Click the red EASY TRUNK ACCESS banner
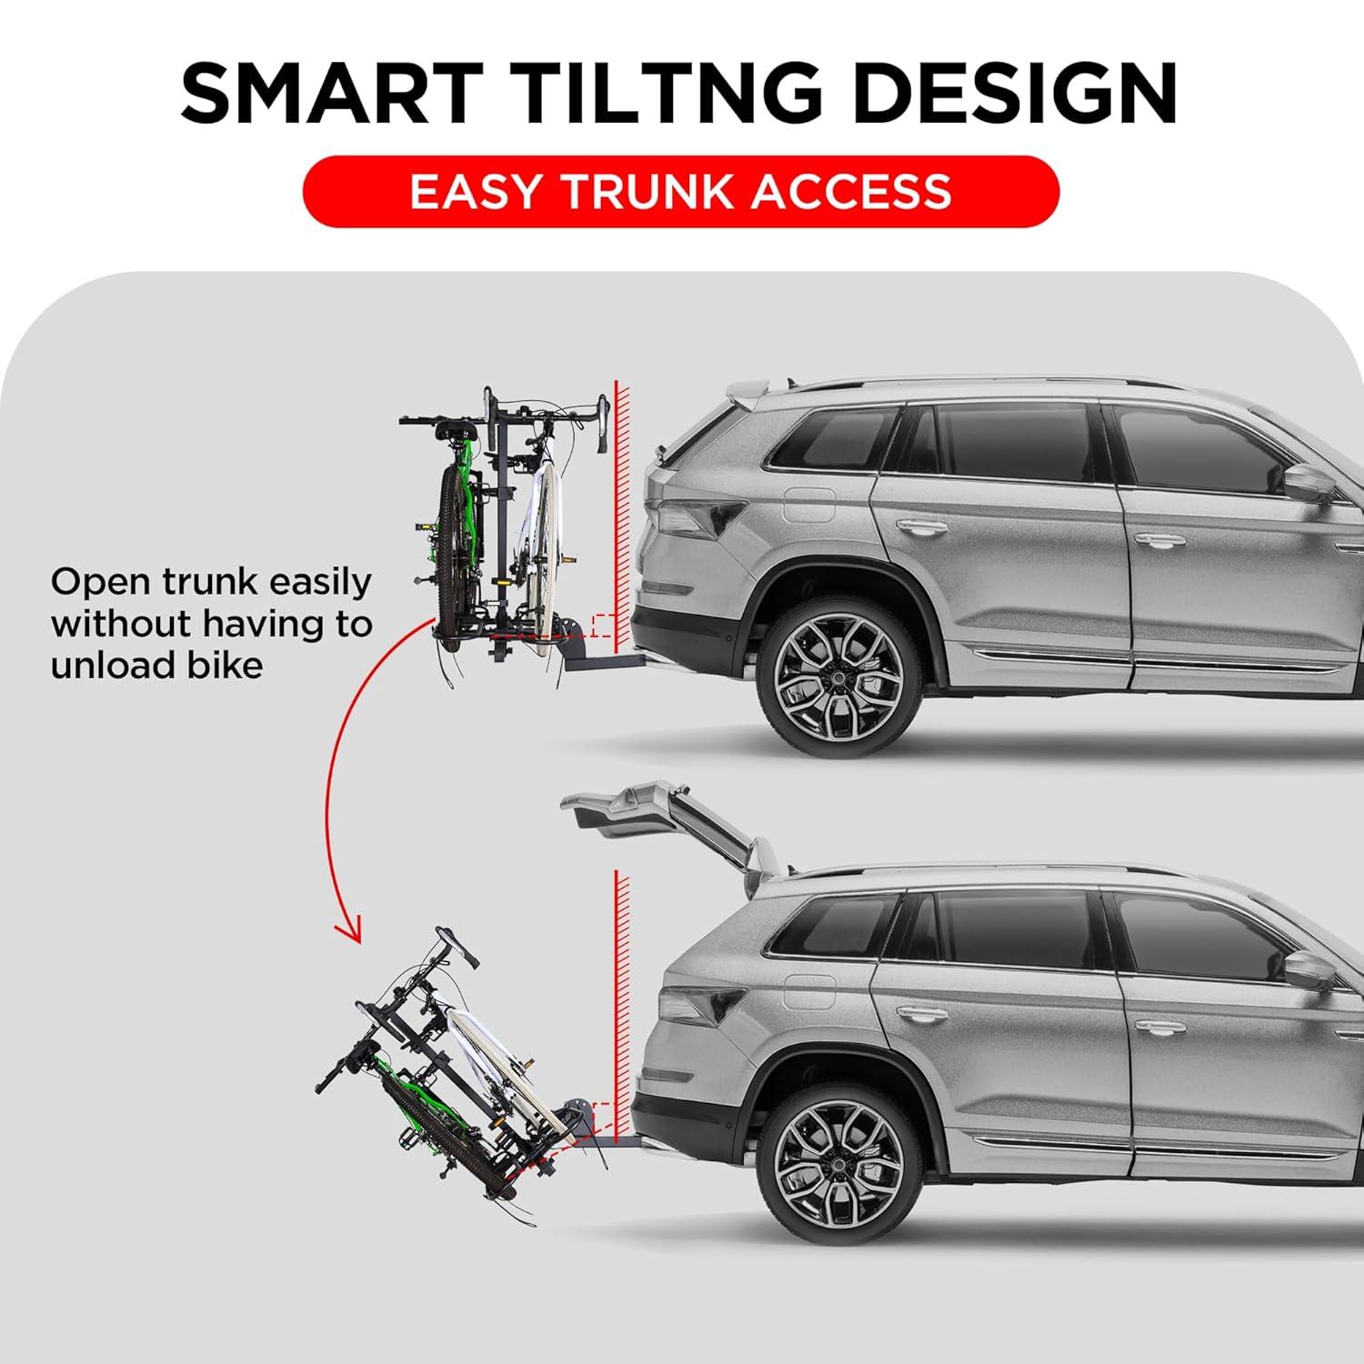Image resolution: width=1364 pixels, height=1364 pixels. point(680,192)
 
